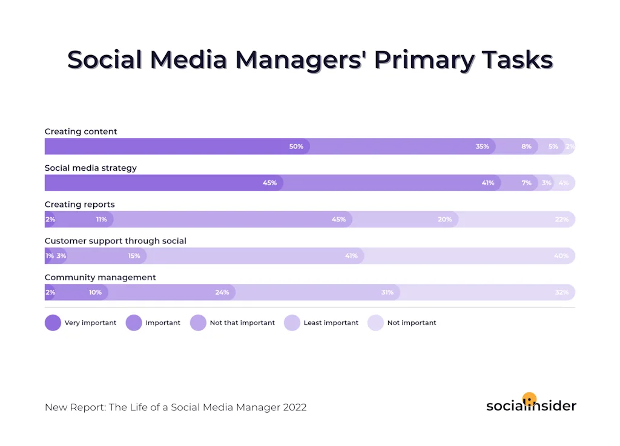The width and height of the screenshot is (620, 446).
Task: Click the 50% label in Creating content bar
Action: pyautogui.click(x=296, y=146)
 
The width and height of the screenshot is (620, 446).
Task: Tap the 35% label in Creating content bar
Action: pyautogui.click(x=482, y=146)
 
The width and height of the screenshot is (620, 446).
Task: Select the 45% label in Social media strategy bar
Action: pyautogui.click(x=269, y=183)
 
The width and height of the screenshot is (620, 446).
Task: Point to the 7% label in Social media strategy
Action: pyautogui.click(x=527, y=183)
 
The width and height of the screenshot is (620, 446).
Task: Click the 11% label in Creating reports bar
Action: pyautogui.click(x=101, y=219)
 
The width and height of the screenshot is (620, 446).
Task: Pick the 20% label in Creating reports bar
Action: pyautogui.click(x=445, y=219)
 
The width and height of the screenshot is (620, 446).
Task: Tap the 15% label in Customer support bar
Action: pyautogui.click(x=134, y=256)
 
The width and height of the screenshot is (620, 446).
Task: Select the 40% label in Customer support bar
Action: pyautogui.click(x=561, y=256)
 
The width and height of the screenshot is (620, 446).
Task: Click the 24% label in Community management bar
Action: pyautogui.click(x=222, y=292)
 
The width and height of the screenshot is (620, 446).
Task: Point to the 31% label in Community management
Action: pyautogui.click(x=387, y=292)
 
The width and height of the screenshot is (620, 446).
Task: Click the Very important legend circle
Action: pyautogui.click(x=53, y=323)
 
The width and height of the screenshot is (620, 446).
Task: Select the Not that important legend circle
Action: pyautogui.click(x=198, y=323)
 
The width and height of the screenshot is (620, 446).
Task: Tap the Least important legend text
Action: pyautogui.click(x=331, y=323)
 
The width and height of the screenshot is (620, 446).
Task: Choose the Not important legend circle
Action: pyautogui.click(x=375, y=323)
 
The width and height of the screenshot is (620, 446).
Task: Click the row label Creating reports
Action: pyautogui.click(x=80, y=205)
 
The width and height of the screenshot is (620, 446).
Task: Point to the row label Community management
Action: pyautogui.click(x=101, y=277)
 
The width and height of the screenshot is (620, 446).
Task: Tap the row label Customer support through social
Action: pyautogui.click(x=116, y=241)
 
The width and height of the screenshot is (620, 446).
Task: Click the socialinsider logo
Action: pyautogui.click(x=531, y=404)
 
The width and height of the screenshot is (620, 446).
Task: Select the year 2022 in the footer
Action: pyautogui.click(x=294, y=407)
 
